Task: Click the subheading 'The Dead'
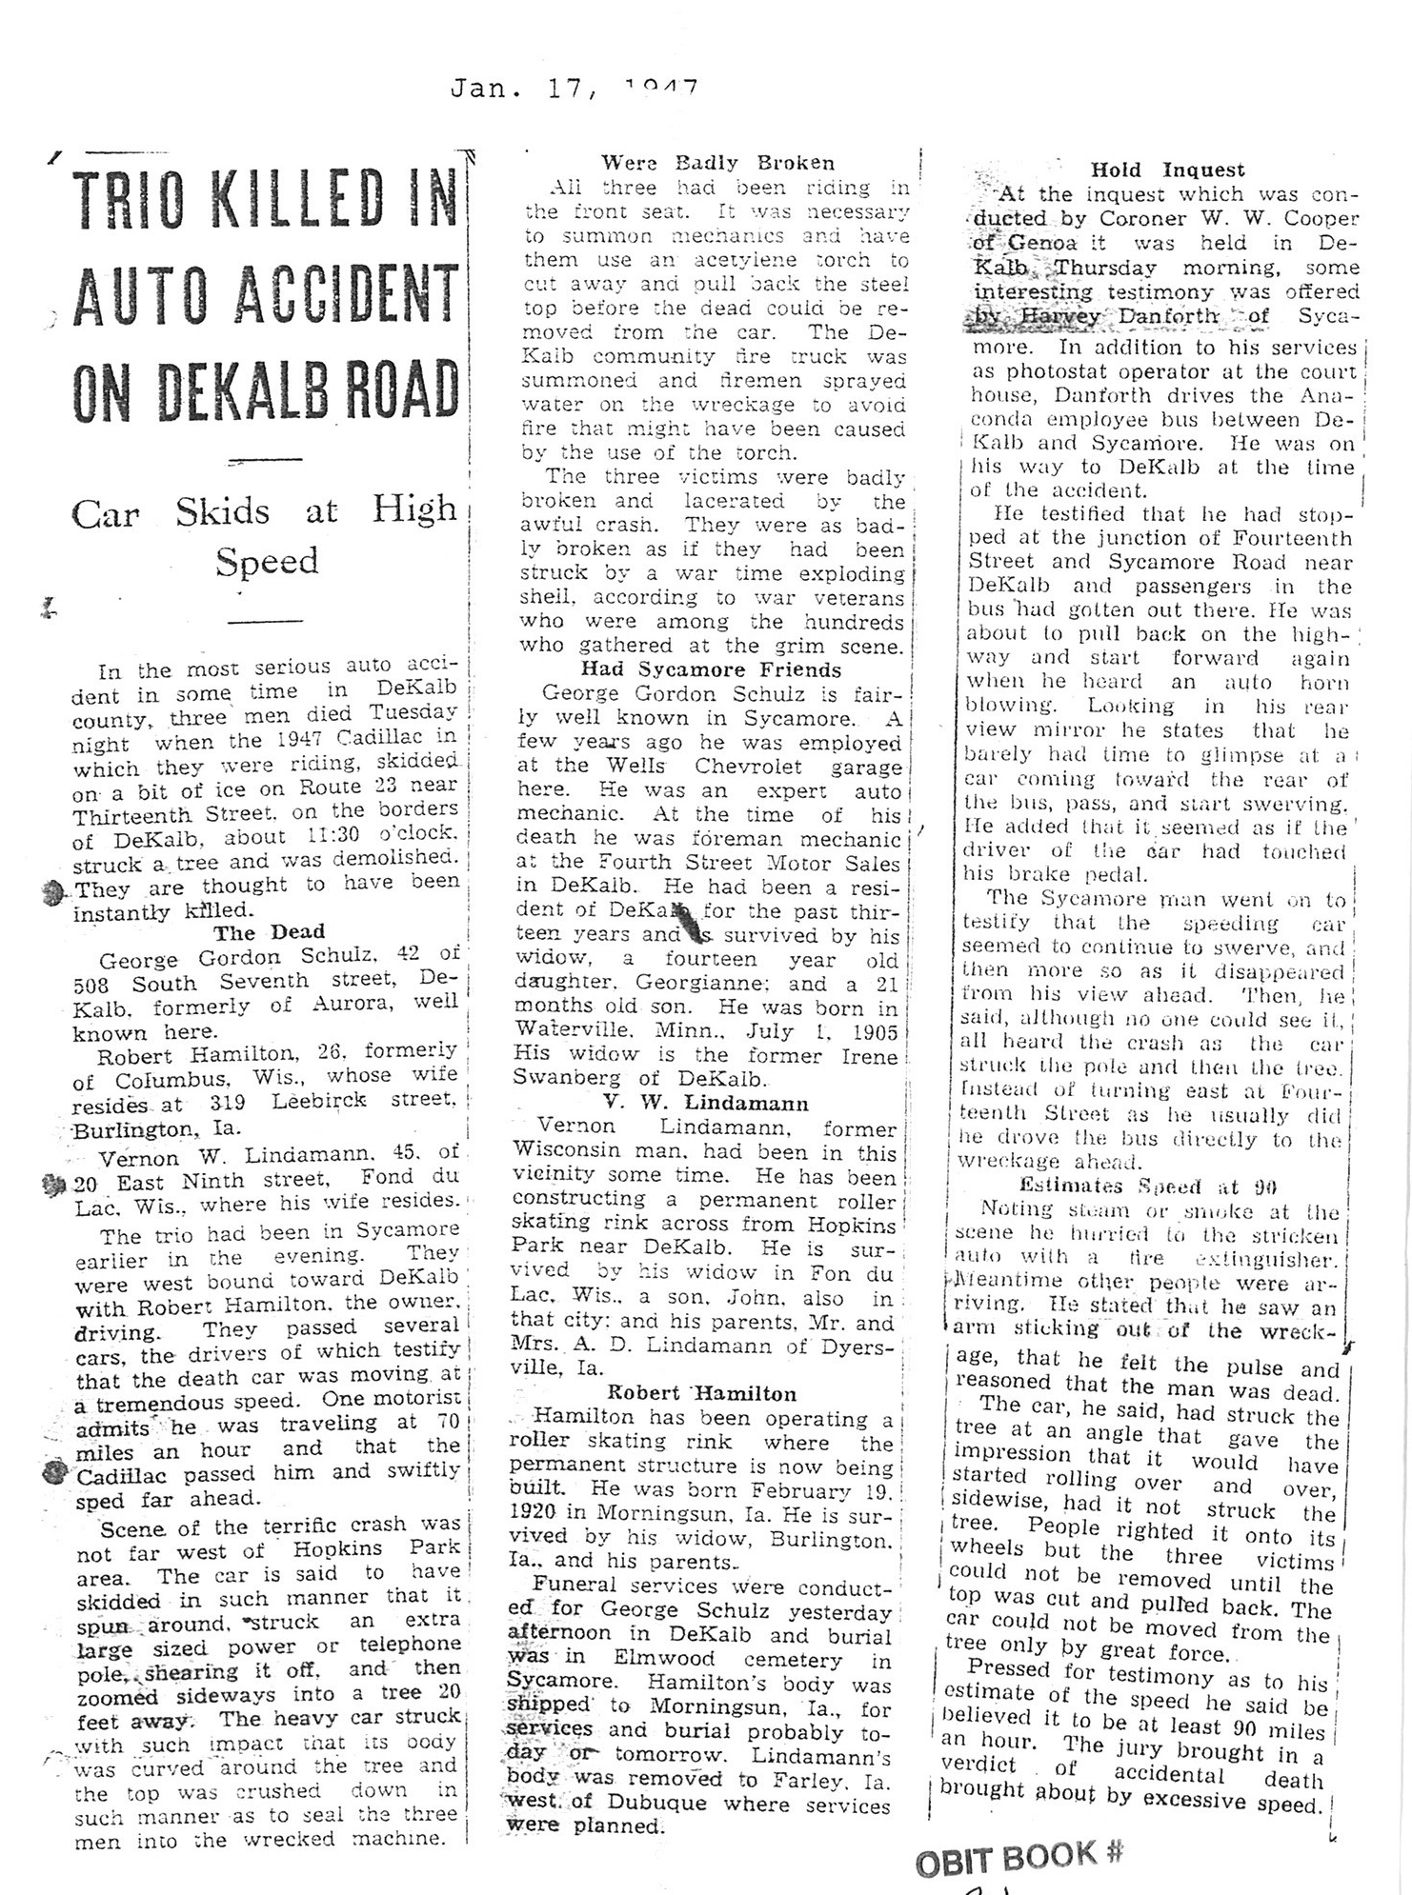(x=269, y=931)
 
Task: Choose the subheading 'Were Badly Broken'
(x=717, y=163)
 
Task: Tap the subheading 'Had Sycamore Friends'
(x=712, y=669)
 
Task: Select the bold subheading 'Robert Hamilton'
(x=701, y=1393)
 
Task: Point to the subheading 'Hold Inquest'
(x=1167, y=170)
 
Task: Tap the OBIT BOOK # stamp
(x=1019, y=1856)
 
